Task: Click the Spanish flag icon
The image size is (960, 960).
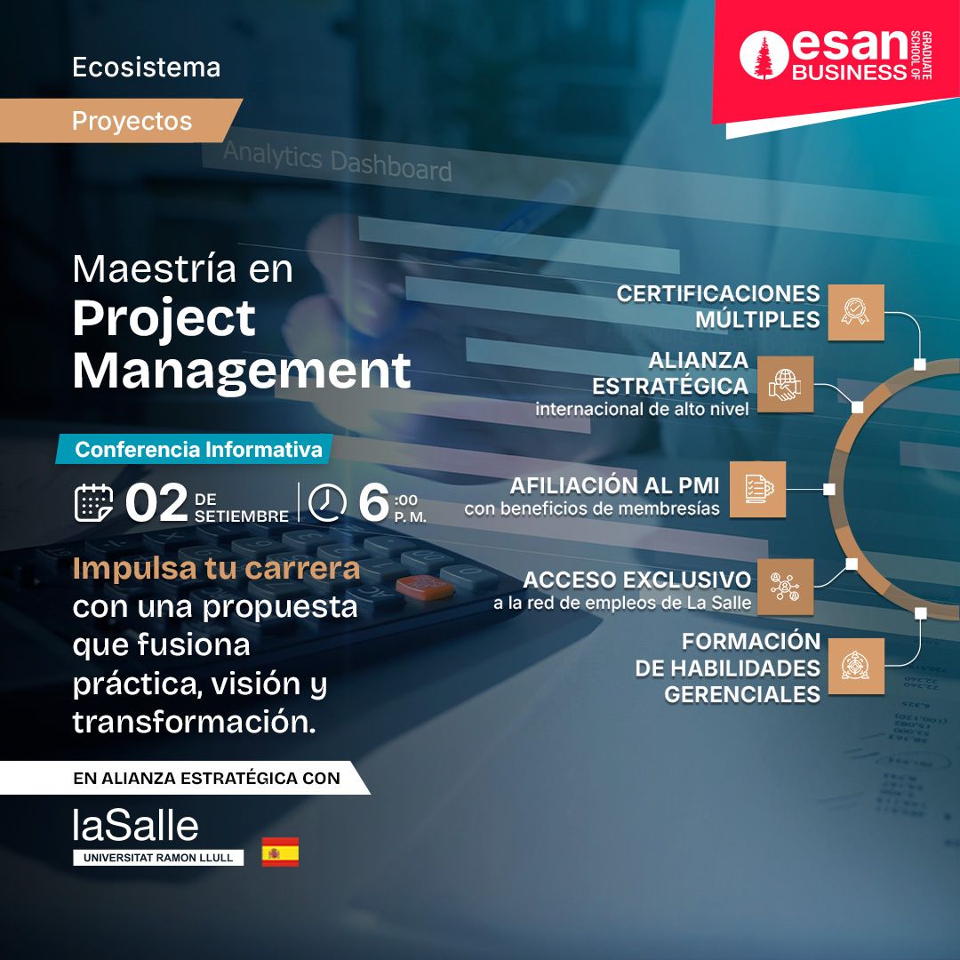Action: [280, 852]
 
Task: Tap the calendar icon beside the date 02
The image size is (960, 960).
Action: [93, 502]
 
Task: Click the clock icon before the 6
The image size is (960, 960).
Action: [327, 502]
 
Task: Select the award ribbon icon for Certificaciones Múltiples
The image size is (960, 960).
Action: [855, 312]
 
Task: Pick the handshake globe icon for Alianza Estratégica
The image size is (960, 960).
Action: [785, 385]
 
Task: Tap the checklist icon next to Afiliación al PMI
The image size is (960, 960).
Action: [757, 489]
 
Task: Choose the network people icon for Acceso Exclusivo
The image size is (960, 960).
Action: [785, 587]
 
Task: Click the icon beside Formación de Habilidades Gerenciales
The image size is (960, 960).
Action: [855, 666]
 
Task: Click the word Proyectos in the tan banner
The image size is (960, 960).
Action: [132, 121]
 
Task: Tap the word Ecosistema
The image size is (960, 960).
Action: [147, 68]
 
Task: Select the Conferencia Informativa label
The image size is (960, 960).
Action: [198, 450]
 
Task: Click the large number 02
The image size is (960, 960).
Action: [156, 502]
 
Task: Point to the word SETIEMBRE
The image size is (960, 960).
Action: [241, 516]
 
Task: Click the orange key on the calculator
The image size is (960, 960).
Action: [424, 587]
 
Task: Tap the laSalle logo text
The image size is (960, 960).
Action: [135, 825]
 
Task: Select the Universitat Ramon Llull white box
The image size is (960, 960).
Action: [158, 857]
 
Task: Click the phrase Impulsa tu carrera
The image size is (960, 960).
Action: [216, 570]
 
